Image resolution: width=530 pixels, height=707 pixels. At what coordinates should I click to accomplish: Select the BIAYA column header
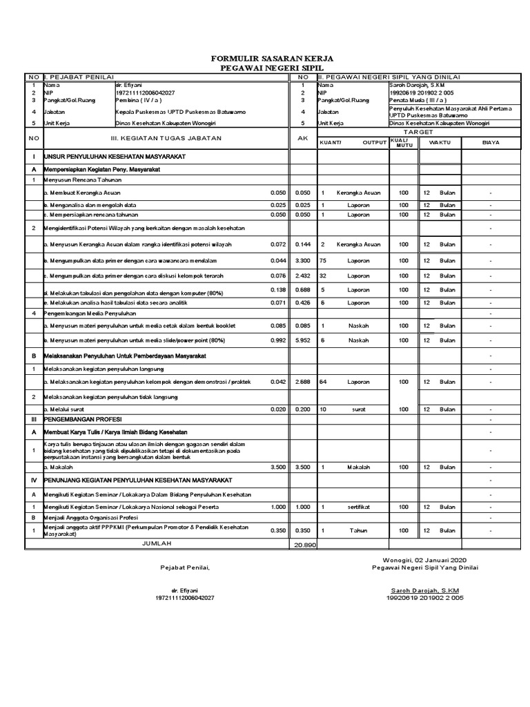491,142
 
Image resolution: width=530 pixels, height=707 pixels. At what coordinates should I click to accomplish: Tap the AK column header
301,138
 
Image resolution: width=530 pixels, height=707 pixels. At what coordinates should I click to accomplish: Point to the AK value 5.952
301,340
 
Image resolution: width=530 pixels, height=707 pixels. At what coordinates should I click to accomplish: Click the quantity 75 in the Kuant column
324,260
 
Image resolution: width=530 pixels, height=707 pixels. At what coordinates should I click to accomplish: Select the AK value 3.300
301,260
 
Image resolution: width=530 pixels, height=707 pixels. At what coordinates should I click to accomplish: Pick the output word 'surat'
358,409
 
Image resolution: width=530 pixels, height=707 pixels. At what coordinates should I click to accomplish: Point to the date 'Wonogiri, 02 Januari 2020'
424,559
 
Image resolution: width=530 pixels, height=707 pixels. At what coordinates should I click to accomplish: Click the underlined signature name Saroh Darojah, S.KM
424,591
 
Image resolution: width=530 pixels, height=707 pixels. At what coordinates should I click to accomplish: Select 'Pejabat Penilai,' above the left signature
184,567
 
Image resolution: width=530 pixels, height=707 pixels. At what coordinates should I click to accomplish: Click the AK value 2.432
301,275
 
